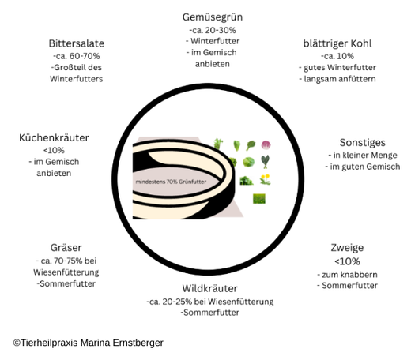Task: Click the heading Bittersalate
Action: click(x=77, y=43)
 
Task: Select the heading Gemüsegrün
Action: click(x=213, y=17)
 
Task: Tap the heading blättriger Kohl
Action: click(x=337, y=43)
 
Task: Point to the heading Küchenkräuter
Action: click(x=54, y=137)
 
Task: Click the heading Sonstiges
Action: click(x=362, y=143)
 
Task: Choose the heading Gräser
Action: click(x=66, y=248)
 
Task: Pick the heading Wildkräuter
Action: click(x=209, y=288)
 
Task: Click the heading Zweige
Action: click(x=347, y=248)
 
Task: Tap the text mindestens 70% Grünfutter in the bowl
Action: click(x=171, y=182)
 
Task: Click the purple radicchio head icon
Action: click(x=266, y=145)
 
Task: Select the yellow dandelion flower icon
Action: click(x=265, y=179)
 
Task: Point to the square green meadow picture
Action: click(x=259, y=199)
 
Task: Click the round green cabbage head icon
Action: click(x=248, y=162)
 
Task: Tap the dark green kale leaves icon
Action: click(x=266, y=162)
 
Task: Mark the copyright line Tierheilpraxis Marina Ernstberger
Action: click(x=89, y=343)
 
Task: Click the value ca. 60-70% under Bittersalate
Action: click(x=77, y=56)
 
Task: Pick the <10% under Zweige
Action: click(x=347, y=261)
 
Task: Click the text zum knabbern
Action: click(x=347, y=275)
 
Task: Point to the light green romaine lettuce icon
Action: click(x=237, y=145)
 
